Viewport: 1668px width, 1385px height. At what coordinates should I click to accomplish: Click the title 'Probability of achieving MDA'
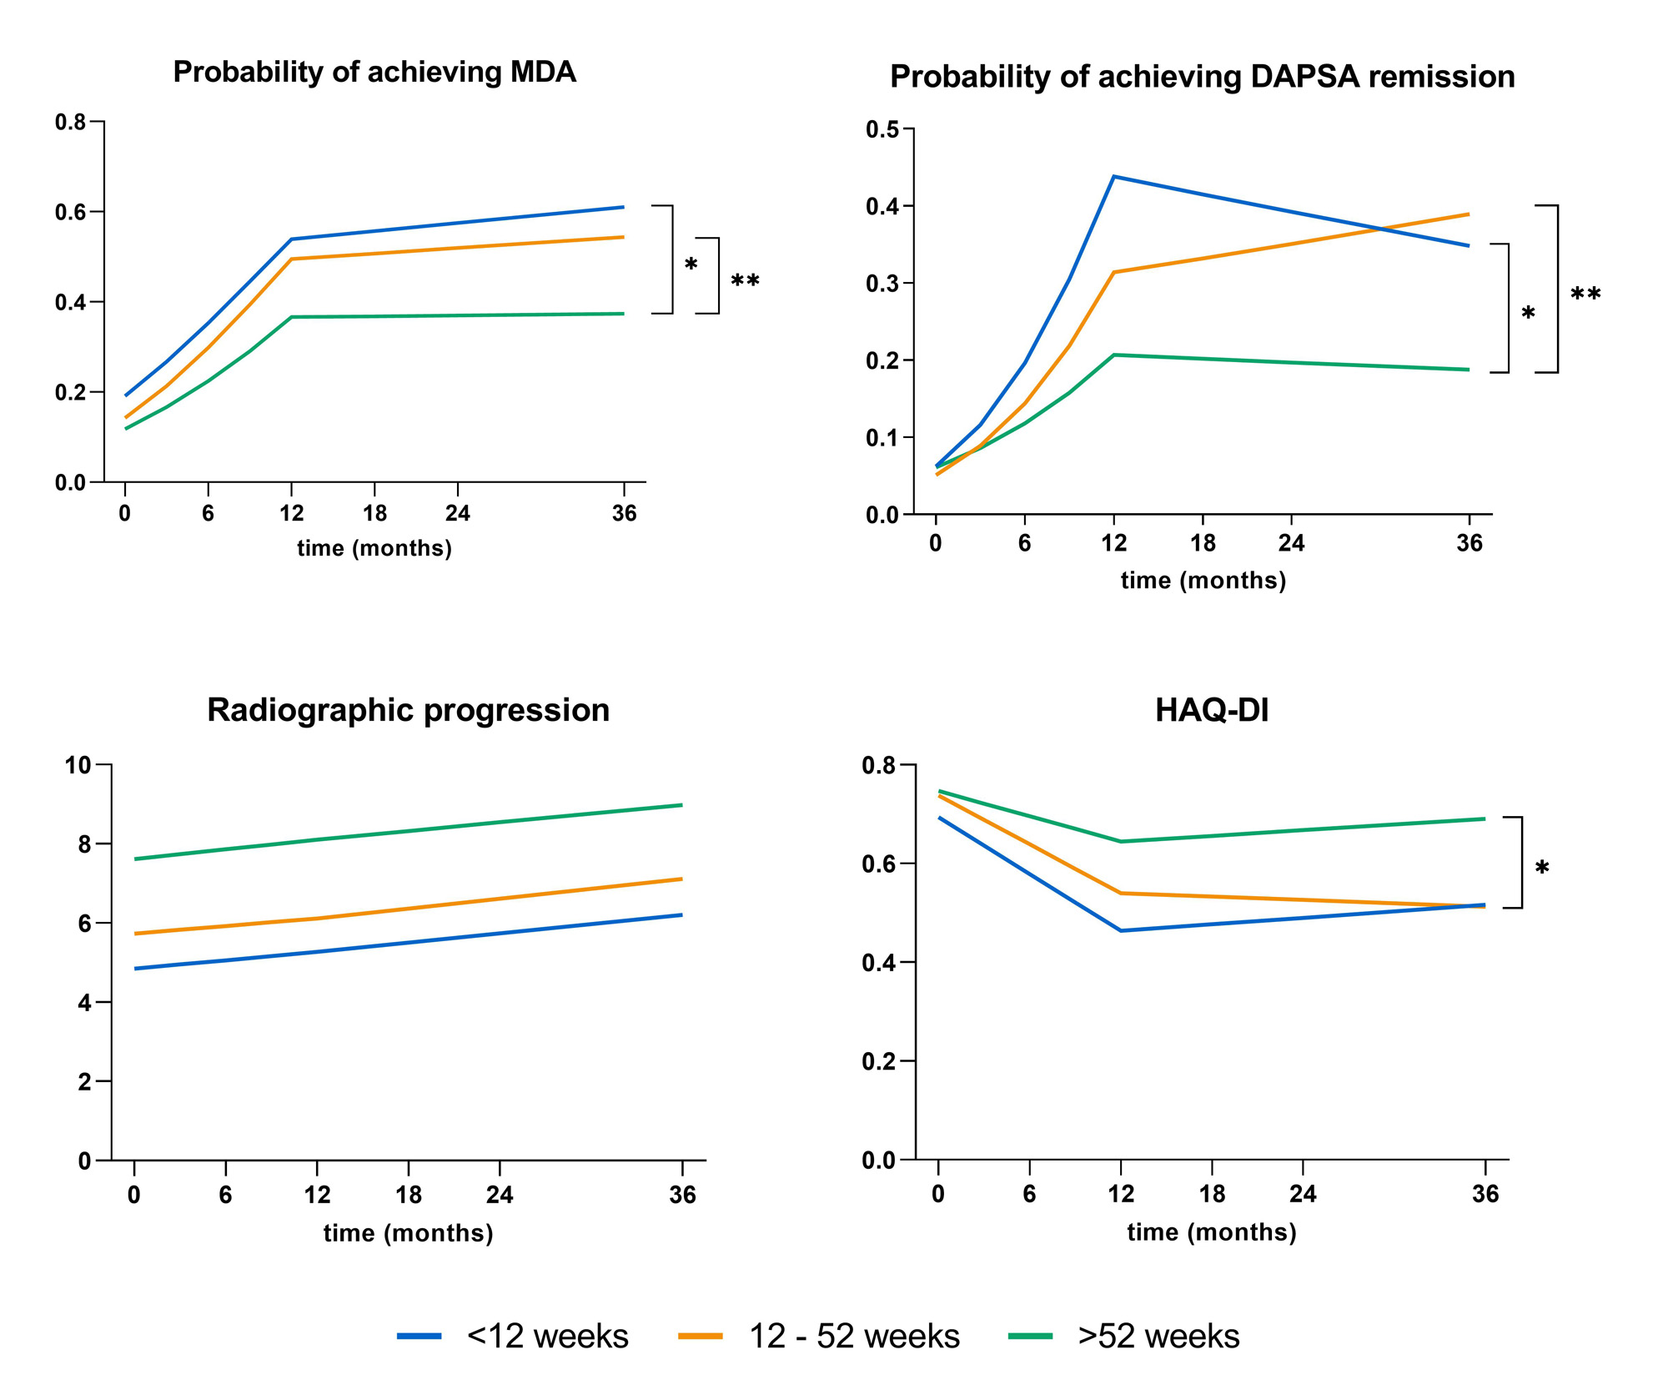374,73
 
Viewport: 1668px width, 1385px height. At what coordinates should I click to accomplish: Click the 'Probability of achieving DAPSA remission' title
1202,77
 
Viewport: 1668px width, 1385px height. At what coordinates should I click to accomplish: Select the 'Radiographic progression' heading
408,710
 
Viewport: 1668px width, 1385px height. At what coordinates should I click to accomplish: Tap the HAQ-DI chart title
1212,710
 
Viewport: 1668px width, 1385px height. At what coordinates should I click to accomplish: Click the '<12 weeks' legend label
547,1336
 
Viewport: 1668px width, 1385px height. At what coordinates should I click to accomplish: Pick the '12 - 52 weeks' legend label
854,1336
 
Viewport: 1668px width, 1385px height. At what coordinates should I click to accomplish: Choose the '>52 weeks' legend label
1158,1336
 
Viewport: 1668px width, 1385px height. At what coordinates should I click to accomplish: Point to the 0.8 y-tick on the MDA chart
71,123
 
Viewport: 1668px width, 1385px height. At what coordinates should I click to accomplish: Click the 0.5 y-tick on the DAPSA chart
882,129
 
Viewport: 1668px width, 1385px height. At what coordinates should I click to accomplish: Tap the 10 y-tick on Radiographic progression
78,765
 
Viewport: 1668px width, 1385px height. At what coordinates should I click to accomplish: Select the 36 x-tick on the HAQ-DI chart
1485,1194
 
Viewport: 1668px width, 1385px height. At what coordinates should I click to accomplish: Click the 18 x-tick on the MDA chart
374,513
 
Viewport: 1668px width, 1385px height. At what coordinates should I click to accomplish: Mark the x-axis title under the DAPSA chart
1203,581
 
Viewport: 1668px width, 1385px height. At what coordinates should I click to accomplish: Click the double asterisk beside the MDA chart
745,281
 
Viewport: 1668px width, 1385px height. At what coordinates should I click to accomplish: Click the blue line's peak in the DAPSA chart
1113,177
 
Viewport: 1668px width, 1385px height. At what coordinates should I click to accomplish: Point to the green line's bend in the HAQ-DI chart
1121,841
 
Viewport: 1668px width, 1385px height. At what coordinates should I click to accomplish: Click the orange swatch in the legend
700,1336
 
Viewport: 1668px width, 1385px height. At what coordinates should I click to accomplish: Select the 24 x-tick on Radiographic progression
500,1195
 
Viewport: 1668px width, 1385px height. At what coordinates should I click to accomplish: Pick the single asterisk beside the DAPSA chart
1528,315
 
